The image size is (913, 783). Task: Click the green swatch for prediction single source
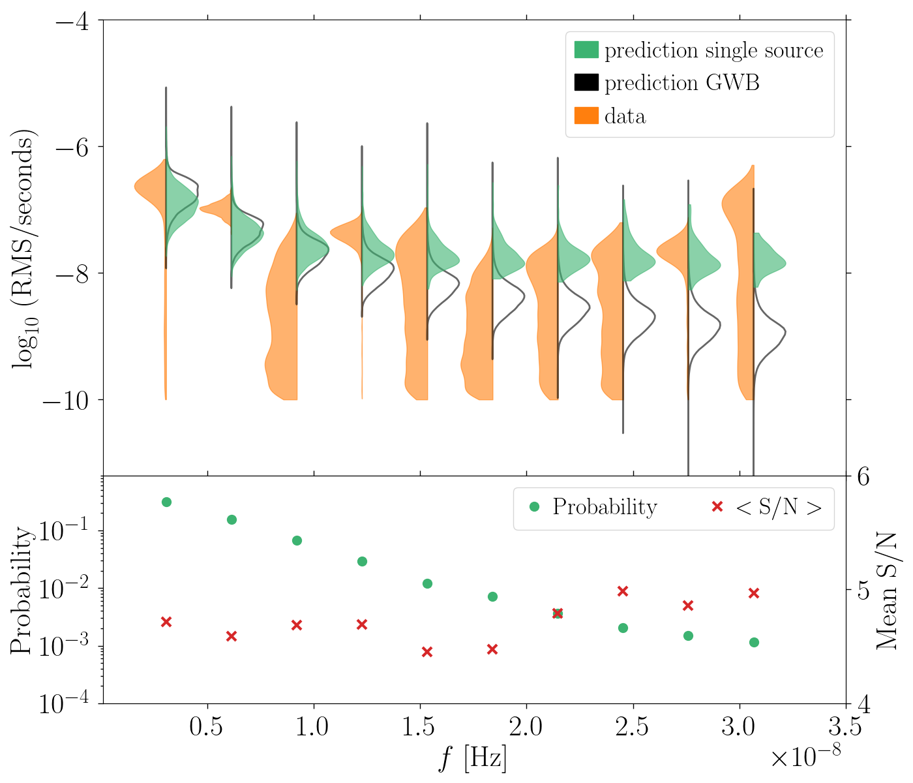point(586,50)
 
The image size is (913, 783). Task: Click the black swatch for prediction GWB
point(586,83)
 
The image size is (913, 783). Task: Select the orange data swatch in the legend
point(586,116)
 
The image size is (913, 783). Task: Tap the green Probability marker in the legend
point(535,507)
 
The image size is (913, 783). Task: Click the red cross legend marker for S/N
point(717,507)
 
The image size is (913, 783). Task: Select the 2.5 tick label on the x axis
point(633,726)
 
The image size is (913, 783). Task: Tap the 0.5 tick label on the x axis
point(207,726)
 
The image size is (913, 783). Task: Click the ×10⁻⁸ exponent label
point(805,758)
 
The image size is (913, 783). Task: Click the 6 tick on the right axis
point(862,476)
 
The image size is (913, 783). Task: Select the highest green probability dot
point(166,502)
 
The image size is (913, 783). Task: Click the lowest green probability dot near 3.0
point(754,642)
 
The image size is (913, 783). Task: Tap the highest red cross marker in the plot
point(623,591)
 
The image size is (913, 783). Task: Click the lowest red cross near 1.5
point(427,652)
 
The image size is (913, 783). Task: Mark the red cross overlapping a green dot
point(558,613)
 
